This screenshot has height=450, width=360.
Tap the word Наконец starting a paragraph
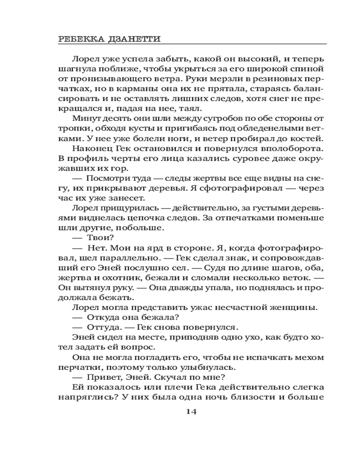click(x=92, y=148)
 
